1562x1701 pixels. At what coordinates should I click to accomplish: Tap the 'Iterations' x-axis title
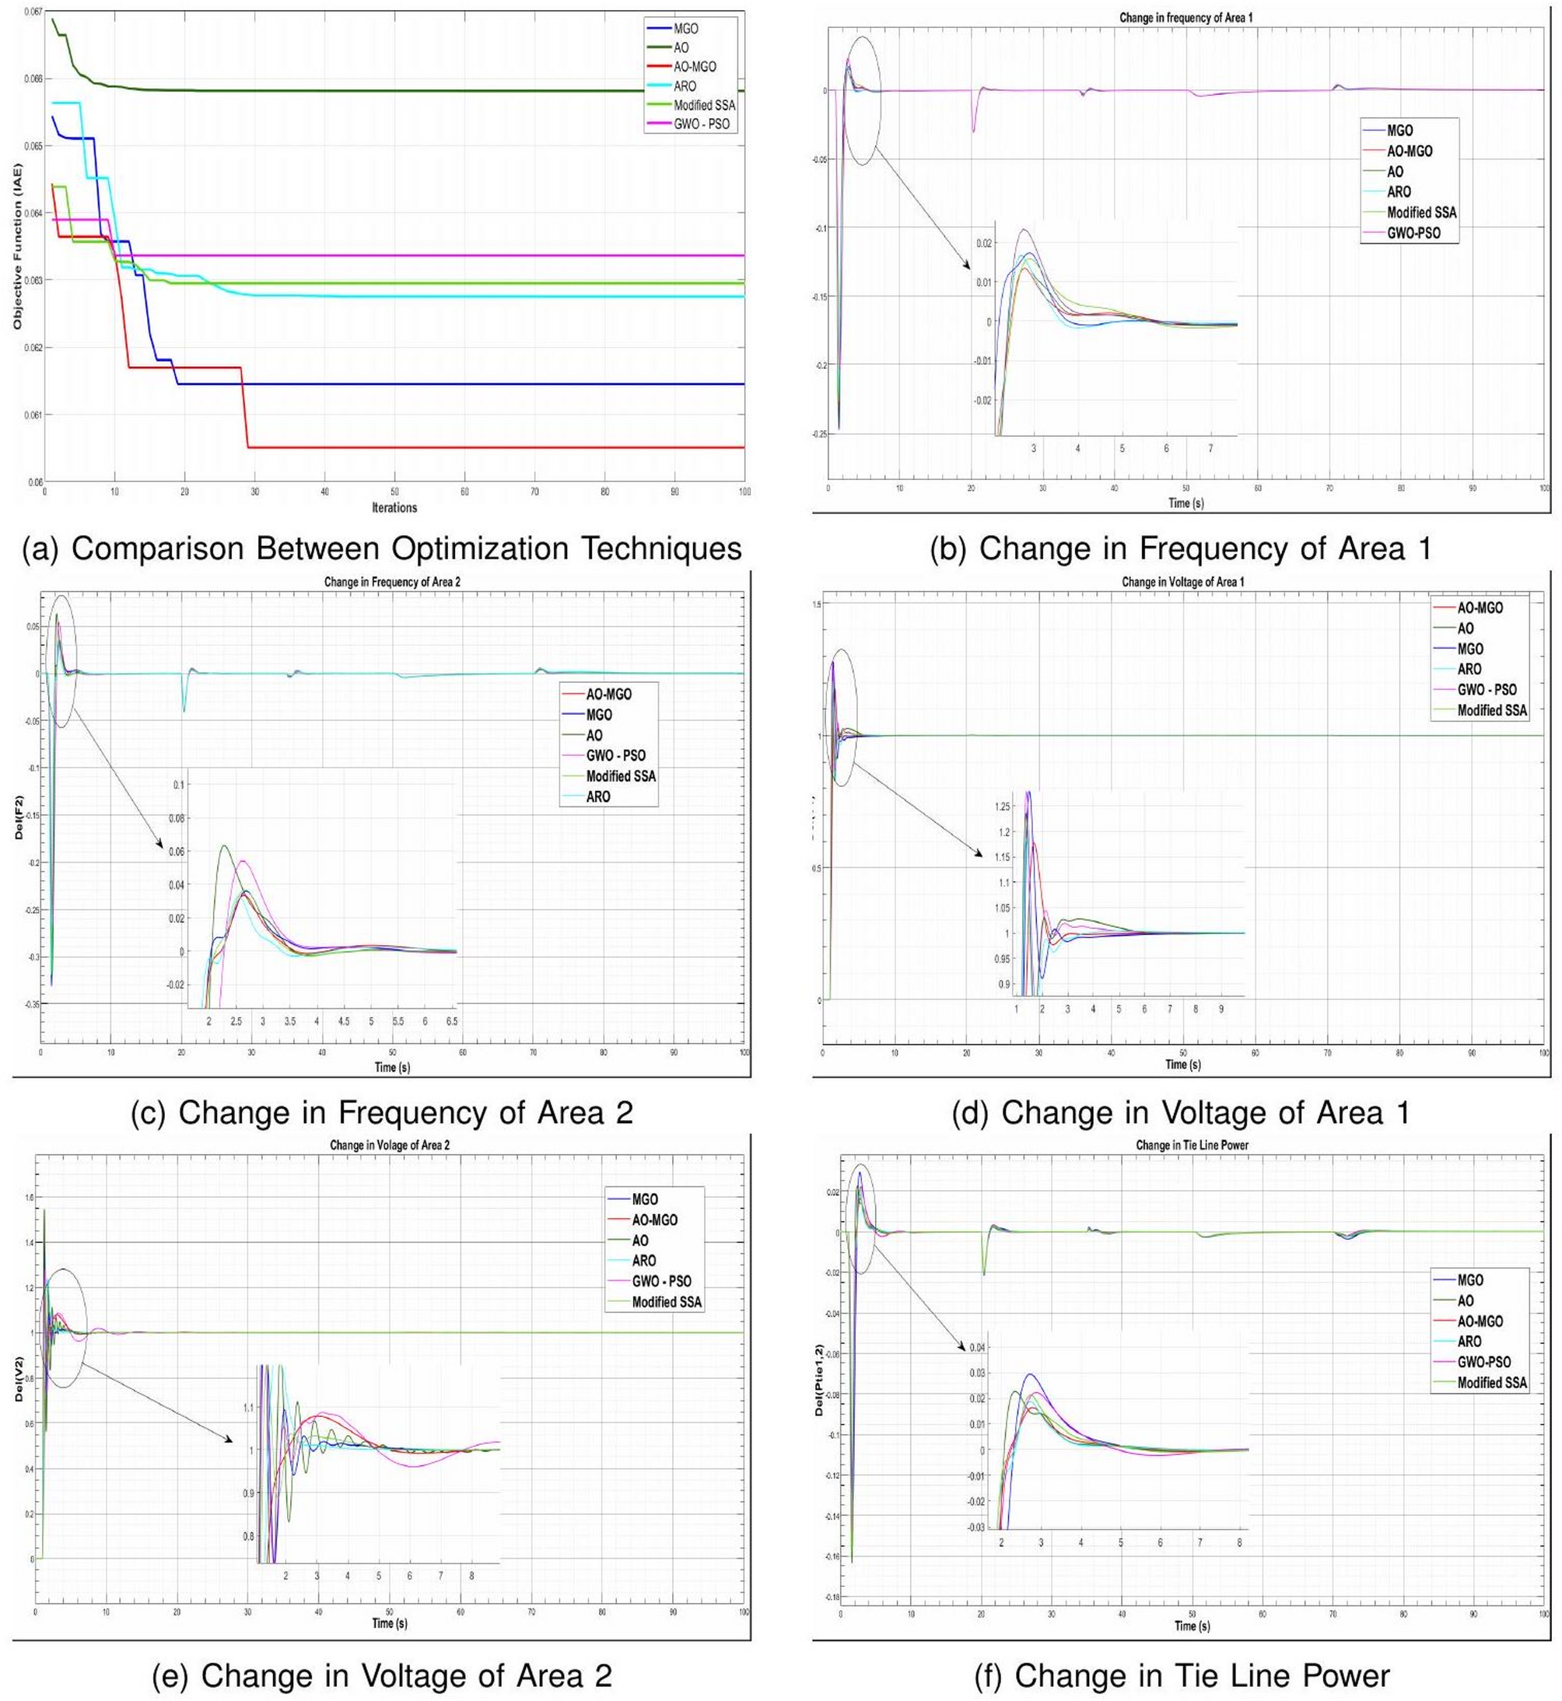[x=394, y=508]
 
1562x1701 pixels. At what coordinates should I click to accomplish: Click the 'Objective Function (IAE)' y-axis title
[x=17, y=246]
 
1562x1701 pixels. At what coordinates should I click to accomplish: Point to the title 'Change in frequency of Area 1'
[x=1179, y=18]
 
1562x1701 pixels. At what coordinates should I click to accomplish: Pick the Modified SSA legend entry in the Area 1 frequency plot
[x=1422, y=212]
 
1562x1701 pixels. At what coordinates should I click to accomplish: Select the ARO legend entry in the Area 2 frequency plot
[x=597, y=797]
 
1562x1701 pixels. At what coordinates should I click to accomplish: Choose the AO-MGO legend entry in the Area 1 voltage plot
[x=1480, y=607]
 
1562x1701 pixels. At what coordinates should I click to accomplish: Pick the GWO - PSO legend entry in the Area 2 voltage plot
[x=661, y=1281]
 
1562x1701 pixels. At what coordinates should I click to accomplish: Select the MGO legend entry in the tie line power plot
[x=1470, y=1281]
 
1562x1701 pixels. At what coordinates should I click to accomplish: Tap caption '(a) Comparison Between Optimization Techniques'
[x=381, y=548]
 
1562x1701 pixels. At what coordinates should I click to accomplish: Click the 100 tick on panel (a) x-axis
[x=744, y=492]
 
